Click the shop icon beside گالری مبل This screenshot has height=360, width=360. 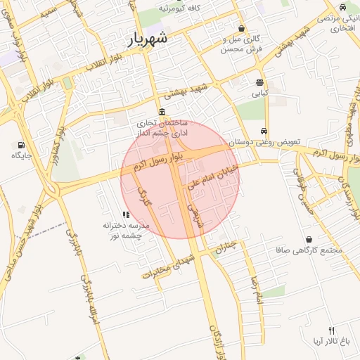(x=242, y=29)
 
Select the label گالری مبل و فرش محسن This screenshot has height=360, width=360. (x=242, y=44)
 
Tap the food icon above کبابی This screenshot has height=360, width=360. (x=260, y=82)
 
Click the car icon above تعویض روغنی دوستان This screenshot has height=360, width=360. (x=263, y=131)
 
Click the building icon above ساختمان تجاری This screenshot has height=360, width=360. (x=162, y=112)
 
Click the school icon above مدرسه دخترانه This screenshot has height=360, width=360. (x=125, y=214)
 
